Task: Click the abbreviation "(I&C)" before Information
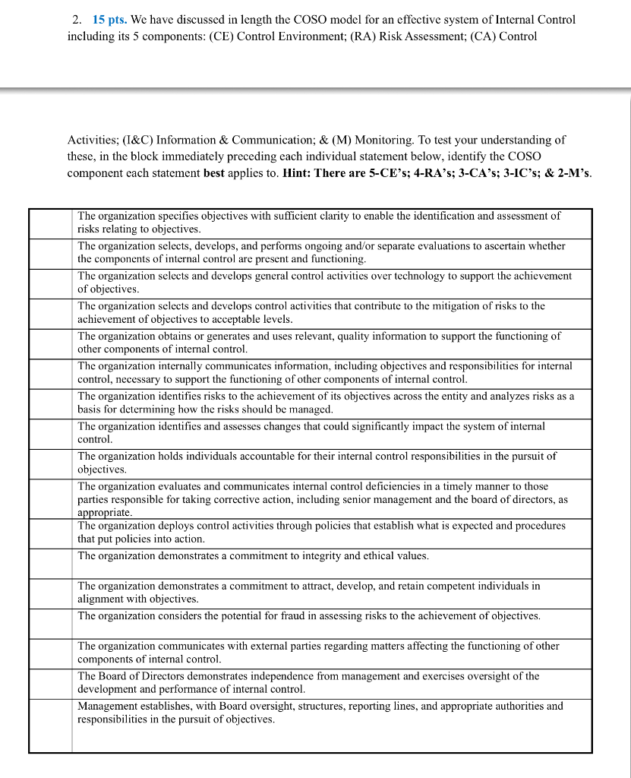pos(134,140)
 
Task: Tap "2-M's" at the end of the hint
pos(574,172)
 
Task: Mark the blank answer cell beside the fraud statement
pos(51,623)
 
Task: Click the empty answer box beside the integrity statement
pos(51,563)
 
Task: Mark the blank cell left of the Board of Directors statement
pos(51,683)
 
